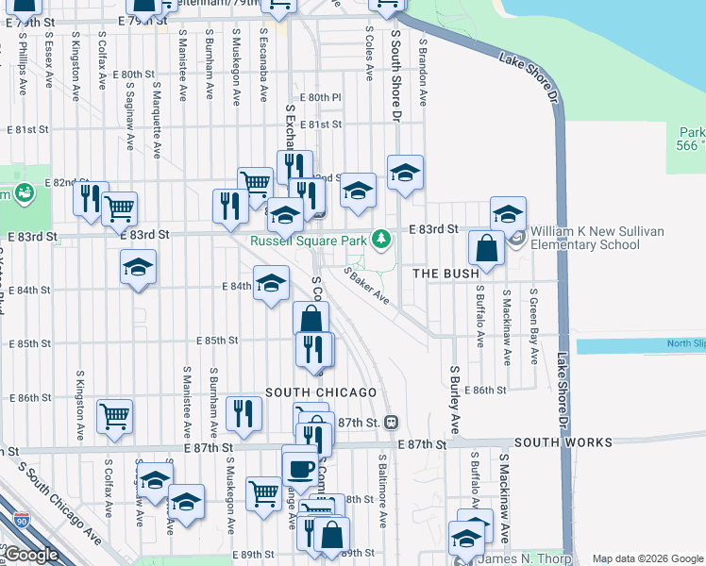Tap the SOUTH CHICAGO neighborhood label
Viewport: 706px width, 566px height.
pyautogui.click(x=321, y=392)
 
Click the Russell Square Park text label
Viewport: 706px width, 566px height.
pyautogui.click(x=308, y=241)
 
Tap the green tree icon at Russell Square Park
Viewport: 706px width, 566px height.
pyautogui.click(x=381, y=239)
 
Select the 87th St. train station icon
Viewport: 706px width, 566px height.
pyautogui.click(x=390, y=422)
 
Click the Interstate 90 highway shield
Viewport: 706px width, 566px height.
pyautogui.click(x=22, y=520)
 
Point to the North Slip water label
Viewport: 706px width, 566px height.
pyautogui.click(x=685, y=343)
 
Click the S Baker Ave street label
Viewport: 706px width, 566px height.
pyautogui.click(x=367, y=286)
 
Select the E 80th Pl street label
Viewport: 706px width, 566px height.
pyautogui.click(x=320, y=97)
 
